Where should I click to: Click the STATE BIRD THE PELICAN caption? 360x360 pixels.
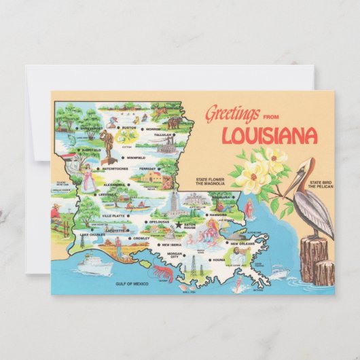pyautogui.click(x=321, y=185)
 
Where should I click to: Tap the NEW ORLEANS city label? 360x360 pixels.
pyautogui.click(x=242, y=243)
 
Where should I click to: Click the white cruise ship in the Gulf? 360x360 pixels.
pyautogui.click(x=94, y=264)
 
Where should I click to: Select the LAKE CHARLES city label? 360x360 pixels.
pyautogui.click(x=92, y=234)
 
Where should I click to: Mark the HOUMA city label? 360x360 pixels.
pyautogui.click(x=218, y=260)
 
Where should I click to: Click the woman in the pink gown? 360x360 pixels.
pyautogui.click(x=87, y=178)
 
